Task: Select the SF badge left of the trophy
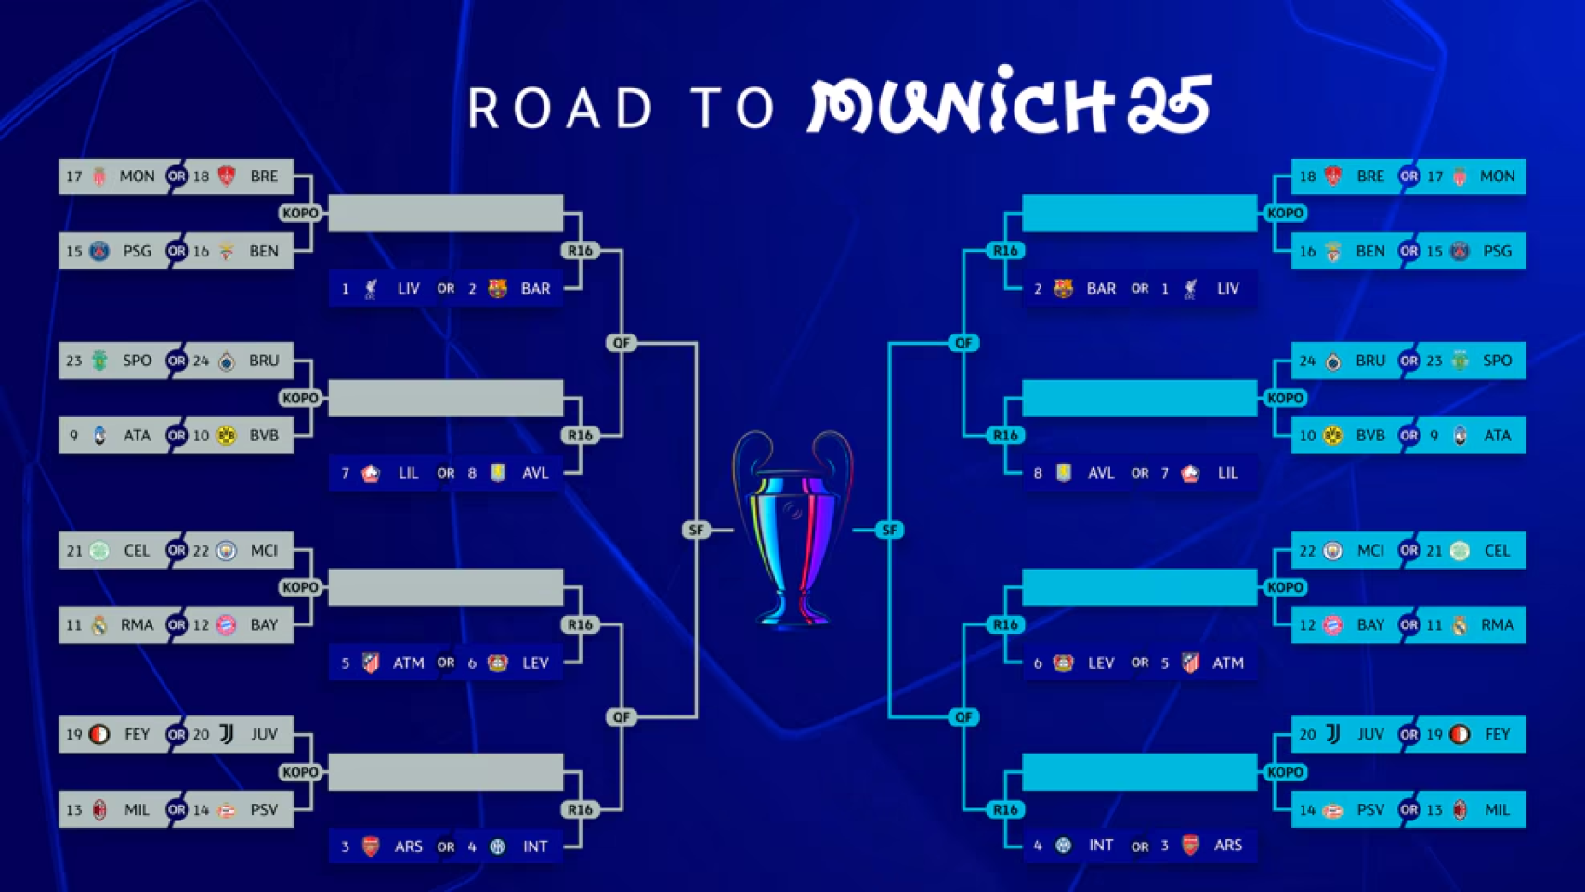[x=696, y=530]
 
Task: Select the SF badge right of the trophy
[x=889, y=530]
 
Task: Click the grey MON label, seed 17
[x=137, y=177]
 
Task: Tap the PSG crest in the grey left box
[x=99, y=251]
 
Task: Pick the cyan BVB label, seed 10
[x=1369, y=436]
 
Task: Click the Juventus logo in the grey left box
[x=227, y=734]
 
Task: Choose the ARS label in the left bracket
[x=408, y=846]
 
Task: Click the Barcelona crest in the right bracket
[x=1063, y=289]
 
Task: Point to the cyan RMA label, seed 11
[x=1497, y=625]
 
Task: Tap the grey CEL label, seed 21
[x=137, y=551]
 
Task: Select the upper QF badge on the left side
[x=622, y=343]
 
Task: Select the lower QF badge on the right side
[x=963, y=716]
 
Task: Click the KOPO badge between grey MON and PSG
[x=300, y=213]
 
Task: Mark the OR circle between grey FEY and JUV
[x=177, y=734]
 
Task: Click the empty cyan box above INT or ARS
[x=1139, y=772]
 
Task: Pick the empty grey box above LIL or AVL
[x=446, y=398]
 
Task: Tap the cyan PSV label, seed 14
[x=1369, y=810]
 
